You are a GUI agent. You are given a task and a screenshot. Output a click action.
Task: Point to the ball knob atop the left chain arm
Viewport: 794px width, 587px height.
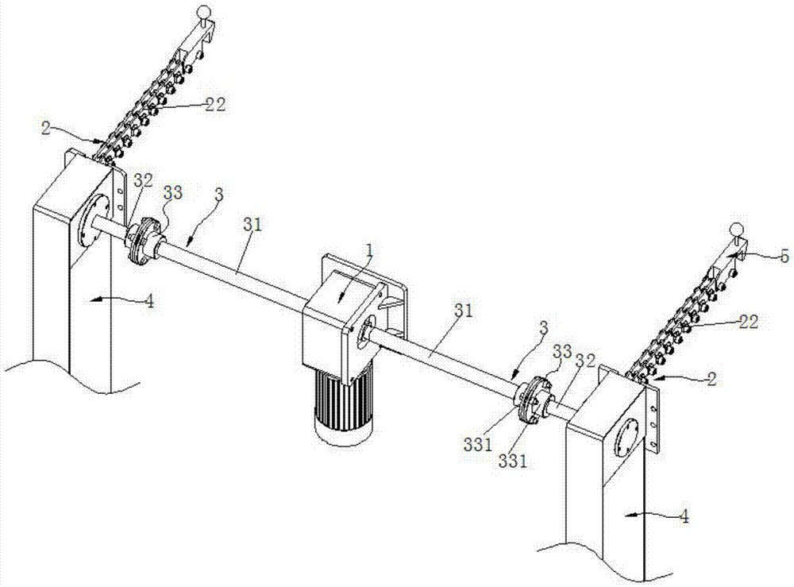pos(204,12)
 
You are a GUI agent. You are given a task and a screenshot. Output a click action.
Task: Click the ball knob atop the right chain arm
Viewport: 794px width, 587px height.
pos(736,230)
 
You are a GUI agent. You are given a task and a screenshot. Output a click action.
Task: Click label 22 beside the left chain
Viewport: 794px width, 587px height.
pos(214,103)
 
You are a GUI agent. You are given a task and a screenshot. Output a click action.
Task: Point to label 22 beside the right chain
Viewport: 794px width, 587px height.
pos(747,322)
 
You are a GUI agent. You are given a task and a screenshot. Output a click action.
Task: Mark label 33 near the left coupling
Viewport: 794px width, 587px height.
pos(172,193)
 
